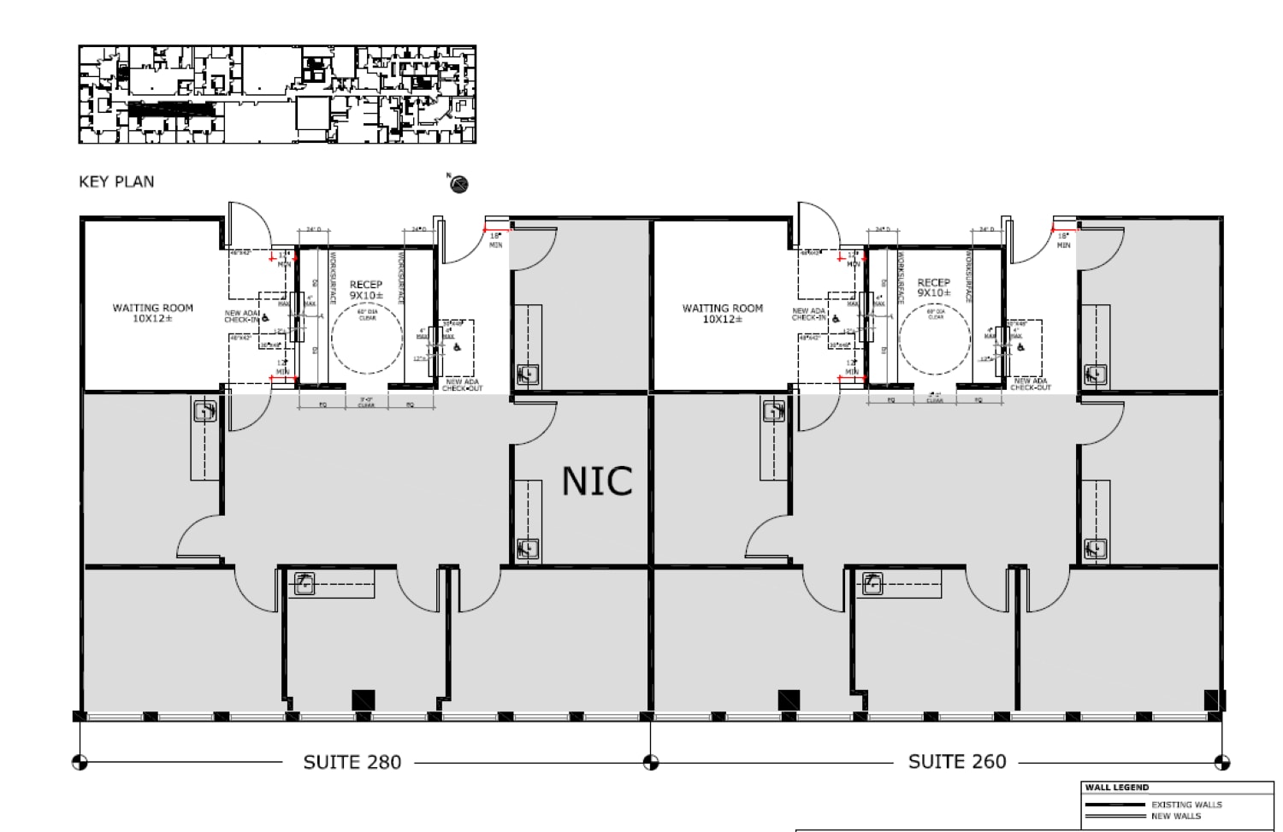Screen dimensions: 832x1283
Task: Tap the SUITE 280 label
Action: pos(352,762)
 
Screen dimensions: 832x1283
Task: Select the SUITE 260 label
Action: pos(956,761)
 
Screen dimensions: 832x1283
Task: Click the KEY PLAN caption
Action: pos(116,181)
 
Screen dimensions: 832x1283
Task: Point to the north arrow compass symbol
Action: pos(459,184)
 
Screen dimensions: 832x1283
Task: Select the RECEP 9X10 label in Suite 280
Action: pos(366,290)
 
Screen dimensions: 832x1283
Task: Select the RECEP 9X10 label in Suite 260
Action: pos(933,287)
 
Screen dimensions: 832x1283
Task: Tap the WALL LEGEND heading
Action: pos(1116,788)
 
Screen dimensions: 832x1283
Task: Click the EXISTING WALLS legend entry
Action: pos(1186,805)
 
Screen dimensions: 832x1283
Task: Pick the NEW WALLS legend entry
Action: pos(1175,816)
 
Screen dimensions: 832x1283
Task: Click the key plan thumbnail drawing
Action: pos(277,95)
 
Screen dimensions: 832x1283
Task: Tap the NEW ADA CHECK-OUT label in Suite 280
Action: pos(462,385)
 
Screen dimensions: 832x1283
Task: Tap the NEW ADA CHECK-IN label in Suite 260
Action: pos(809,315)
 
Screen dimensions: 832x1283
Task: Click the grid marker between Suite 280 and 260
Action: pos(651,761)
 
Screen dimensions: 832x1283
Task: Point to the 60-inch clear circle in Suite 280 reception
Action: pos(366,339)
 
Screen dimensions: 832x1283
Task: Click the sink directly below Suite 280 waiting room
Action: pos(204,412)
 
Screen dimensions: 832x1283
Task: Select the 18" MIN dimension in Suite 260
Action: pos(1063,240)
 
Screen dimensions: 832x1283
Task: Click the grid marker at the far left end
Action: pos(80,761)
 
